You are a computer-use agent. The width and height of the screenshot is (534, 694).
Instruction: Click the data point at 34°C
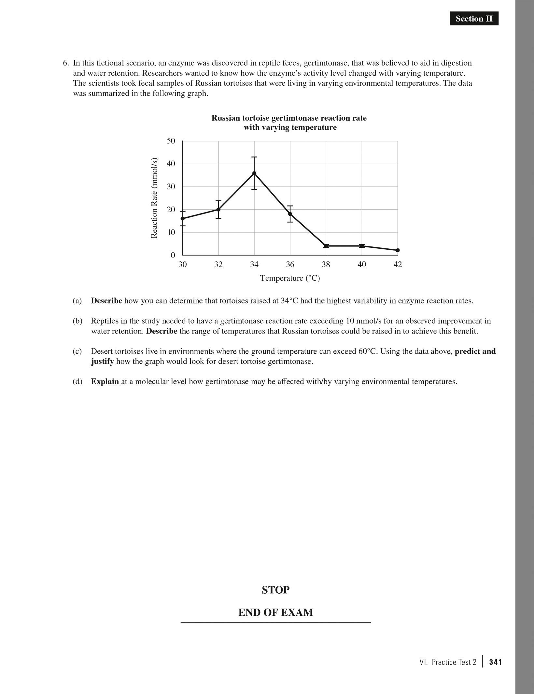pyautogui.click(x=254, y=173)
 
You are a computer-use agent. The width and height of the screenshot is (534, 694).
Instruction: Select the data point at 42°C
pyautogui.click(x=398, y=250)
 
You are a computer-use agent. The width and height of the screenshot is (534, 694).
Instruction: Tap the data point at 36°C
pyautogui.click(x=290, y=214)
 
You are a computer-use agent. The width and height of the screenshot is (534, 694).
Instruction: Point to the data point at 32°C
pyautogui.click(x=218, y=209)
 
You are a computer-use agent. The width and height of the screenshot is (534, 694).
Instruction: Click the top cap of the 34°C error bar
pyautogui.click(x=254, y=157)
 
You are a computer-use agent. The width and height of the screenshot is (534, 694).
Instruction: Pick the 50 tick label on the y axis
pyautogui.click(x=171, y=141)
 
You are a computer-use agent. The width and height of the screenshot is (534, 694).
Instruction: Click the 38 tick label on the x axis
pyautogui.click(x=326, y=264)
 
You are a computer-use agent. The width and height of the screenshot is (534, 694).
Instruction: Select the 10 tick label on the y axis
pyautogui.click(x=171, y=232)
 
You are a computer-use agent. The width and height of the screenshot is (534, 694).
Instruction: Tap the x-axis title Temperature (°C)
pyautogui.click(x=290, y=278)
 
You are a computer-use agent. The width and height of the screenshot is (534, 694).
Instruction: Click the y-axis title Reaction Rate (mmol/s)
pyautogui.click(x=154, y=198)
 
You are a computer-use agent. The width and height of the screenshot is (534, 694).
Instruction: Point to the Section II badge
pyautogui.click(x=474, y=19)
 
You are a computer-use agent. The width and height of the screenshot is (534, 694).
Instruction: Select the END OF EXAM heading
pyautogui.click(x=275, y=613)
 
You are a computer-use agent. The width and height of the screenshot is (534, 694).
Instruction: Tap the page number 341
pyautogui.click(x=495, y=662)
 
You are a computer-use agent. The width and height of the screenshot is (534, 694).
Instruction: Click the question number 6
pyautogui.click(x=65, y=63)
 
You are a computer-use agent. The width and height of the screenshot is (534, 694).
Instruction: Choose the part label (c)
pyautogui.click(x=77, y=351)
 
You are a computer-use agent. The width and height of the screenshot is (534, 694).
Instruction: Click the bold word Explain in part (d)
pyautogui.click(x=105, y=381)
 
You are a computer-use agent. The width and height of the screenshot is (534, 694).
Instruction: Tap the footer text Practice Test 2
pyautogui.click(x=454, y=662)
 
